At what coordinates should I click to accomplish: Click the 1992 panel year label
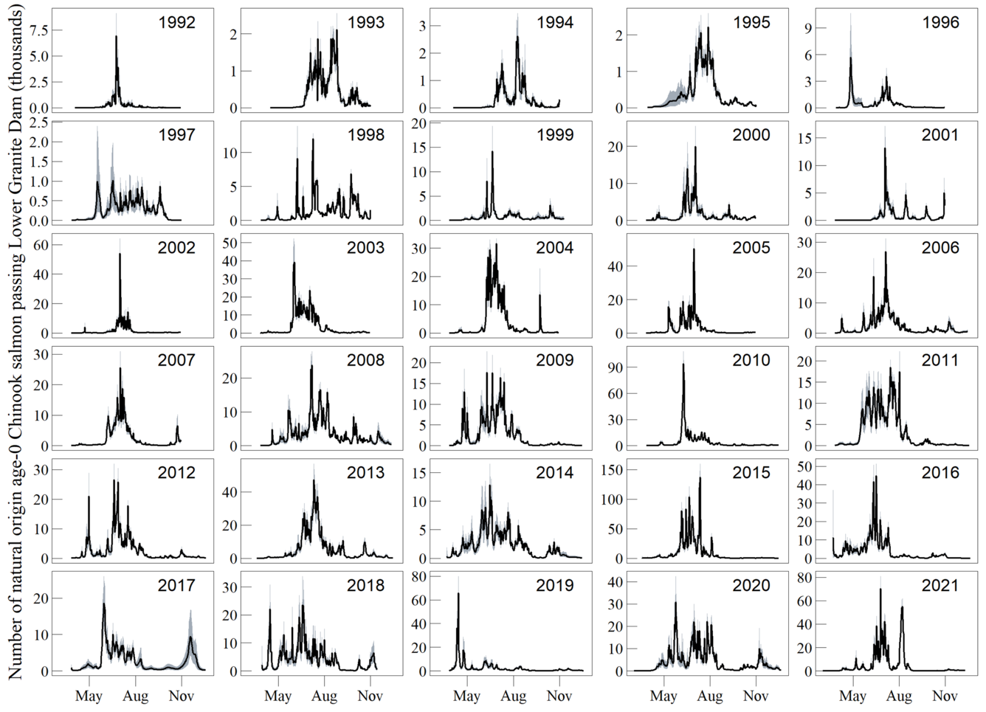coord(176,22)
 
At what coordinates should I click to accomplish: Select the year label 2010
coord(751,360)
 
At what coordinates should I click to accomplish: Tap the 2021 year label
coord(940,585)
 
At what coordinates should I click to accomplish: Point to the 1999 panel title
coord(554,135)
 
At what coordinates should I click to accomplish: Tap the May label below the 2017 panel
coord(89,696)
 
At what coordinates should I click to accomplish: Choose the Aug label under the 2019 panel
coord(514,696)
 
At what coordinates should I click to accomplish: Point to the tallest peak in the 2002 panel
coord(120,255)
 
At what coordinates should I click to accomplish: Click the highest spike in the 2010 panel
coord(683,364)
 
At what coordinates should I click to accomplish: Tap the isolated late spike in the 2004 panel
coord(539,296)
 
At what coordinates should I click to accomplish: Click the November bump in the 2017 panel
coord(190,639)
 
